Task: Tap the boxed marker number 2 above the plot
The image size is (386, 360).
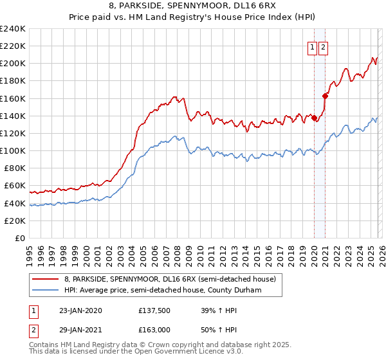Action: click(x=323, y=47)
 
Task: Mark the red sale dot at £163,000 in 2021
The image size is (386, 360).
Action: click(x=326, y=96)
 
